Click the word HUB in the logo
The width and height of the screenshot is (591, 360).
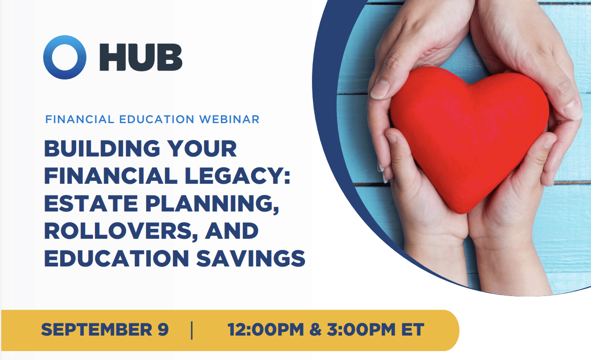coord(141,57)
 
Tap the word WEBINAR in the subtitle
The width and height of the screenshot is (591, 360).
coord(229,119)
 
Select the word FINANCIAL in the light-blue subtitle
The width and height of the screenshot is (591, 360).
coord(80,119)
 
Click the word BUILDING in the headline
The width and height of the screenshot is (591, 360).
coord(102,149)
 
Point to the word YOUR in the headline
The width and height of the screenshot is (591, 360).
coord(202,149)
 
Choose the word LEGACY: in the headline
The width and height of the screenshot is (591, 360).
coord(237,176)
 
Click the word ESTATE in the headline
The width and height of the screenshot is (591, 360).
coord(91,203)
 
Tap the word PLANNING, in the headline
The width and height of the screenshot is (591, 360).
coord(212,204)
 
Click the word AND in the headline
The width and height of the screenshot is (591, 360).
coord(232,231)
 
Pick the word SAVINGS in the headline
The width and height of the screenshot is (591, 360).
coord(251,258)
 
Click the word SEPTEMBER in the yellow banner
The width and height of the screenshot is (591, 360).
coord(97,329)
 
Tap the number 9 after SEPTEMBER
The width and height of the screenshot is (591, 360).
coord(163,329)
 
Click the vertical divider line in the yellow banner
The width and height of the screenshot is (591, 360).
coord(192,330)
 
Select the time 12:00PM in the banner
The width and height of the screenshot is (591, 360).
coord(266,329)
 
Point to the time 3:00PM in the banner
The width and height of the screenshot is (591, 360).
coord(361,329)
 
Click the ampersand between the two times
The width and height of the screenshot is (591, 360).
coord(315,329)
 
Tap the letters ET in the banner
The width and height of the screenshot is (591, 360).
coord(412,329)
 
